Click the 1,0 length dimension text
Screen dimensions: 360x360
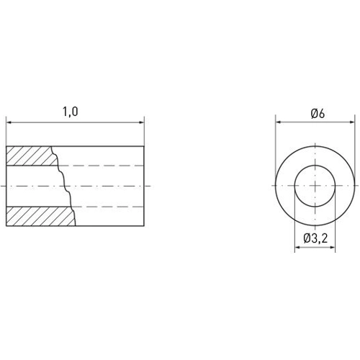[x=70, y=112]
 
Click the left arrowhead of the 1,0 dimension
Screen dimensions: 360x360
[x=9, y=122]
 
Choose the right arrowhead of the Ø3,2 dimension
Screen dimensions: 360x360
[x=336, y=248]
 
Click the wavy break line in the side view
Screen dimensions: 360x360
[x=65, y=186]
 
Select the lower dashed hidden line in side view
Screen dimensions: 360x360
[x=108, y=207]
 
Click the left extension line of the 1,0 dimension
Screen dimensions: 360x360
[x=6, y=133]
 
